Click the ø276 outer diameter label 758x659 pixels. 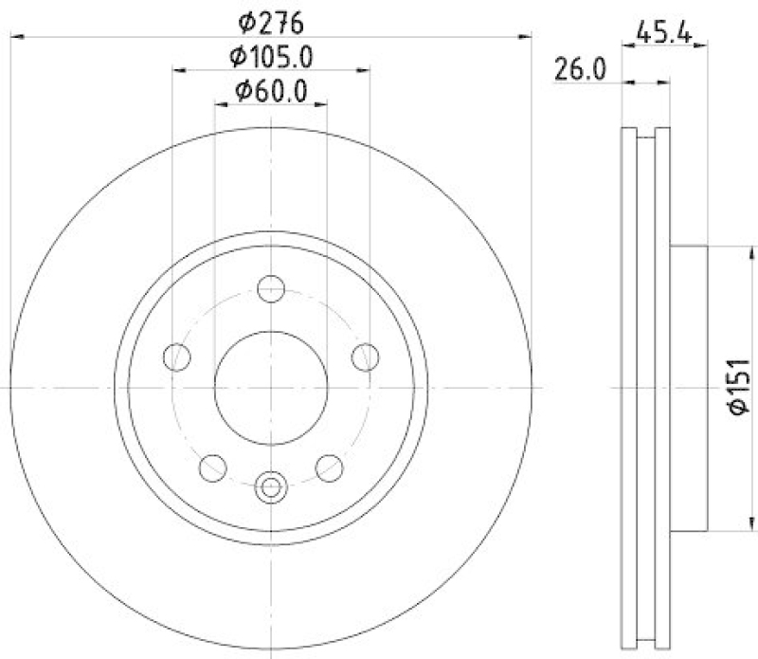(271, 19)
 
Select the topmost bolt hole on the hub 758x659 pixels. (271, 287)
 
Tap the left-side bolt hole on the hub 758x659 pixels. (176, 357)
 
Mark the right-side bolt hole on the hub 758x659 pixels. (366, 357)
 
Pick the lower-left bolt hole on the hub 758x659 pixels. (213, 467)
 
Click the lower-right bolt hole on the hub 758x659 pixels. (329, 467)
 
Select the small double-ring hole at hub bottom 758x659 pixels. (271, 487)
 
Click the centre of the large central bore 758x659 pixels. (271, 387)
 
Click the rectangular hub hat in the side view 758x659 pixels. (690, 387)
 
